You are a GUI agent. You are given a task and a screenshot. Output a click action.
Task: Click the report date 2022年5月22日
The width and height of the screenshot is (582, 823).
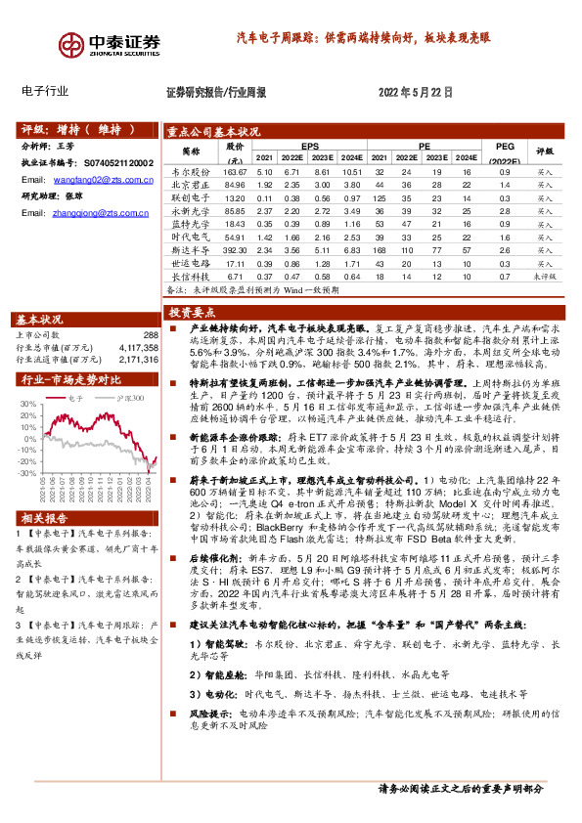pyautogui.click(x=415, y=92)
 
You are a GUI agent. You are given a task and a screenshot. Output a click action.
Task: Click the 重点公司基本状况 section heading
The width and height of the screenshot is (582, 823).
pyautogui.click(x=212, y=131)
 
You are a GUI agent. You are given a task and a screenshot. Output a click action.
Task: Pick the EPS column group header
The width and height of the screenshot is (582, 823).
pyautogui.click(x=310, y=145)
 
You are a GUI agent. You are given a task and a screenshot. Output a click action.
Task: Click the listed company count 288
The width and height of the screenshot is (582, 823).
pyautogui.click(x=150, y=335)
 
